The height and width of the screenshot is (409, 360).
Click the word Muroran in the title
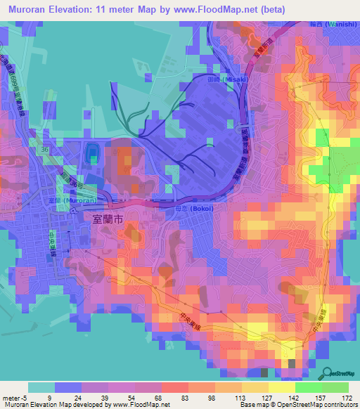point(32,10)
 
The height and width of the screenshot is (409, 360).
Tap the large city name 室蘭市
point(108,219)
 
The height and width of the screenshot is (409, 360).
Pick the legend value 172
point(347,397)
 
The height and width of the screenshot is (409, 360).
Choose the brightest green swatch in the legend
point(335,387)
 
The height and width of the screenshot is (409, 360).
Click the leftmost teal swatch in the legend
point(41,387)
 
